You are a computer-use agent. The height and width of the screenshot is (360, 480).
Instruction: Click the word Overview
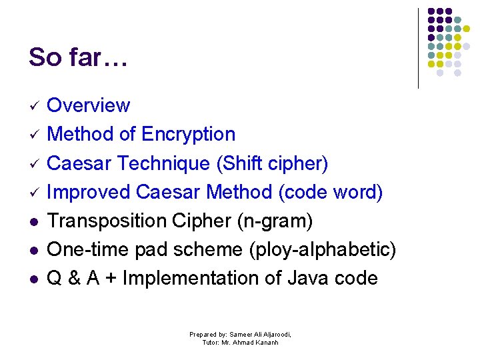pos(89,105)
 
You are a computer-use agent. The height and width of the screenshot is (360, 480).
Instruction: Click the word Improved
pos(89,192)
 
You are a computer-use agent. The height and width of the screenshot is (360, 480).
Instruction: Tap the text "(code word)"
pos(331,192)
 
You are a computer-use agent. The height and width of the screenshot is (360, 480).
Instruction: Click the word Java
pos(309,278)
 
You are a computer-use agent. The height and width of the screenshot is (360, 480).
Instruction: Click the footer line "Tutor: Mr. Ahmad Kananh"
pos(240,343)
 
